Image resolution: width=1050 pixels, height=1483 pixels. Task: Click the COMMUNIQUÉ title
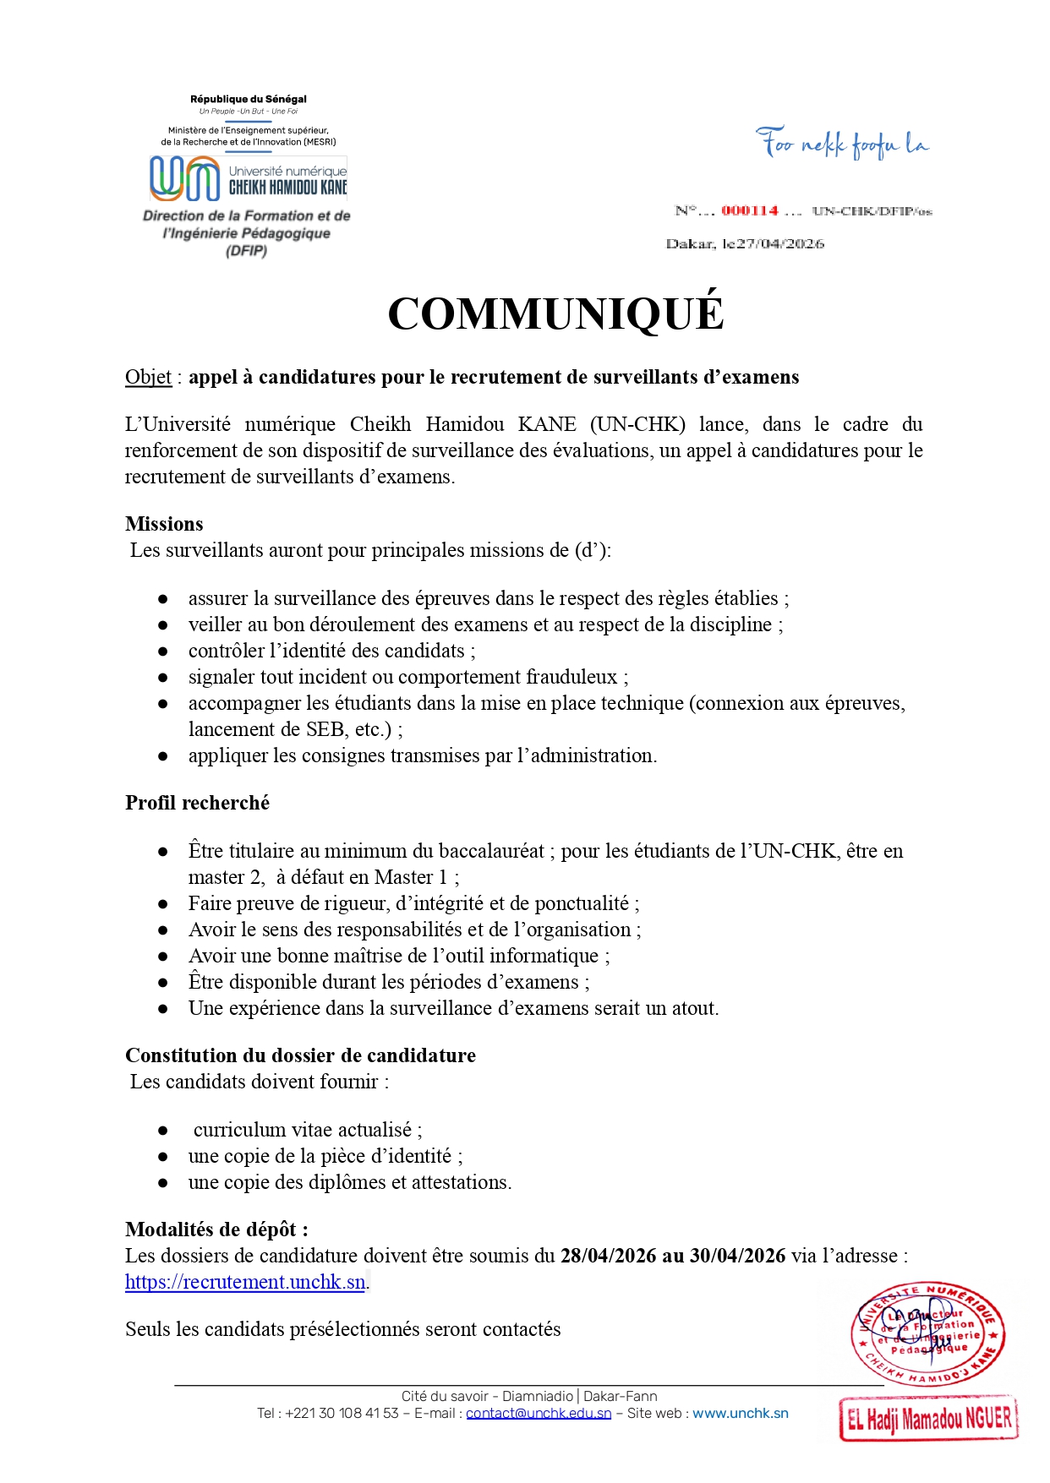click(555, 314)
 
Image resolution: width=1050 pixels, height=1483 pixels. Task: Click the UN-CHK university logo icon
click(184, 179)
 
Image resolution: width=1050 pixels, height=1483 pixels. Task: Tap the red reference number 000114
click(749, 210)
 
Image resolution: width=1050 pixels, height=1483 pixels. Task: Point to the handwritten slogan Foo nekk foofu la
click(842, 144)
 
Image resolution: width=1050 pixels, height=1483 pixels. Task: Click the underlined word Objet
click(148, 377)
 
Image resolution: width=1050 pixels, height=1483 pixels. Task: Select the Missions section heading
click(164, 524)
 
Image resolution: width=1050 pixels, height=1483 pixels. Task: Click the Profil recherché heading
click(197, 803)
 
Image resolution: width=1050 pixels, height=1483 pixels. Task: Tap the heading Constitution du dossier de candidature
click(300, 1055)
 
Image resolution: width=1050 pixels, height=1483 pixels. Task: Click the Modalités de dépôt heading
click(216, 1229)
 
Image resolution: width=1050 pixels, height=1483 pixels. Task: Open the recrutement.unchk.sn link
click(245, 1282)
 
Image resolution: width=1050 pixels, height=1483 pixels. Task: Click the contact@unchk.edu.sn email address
click(539, 1413)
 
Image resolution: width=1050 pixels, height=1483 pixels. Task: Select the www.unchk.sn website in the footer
click(741, 1413)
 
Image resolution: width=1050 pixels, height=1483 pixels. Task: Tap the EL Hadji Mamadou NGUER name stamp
click(928, 1418)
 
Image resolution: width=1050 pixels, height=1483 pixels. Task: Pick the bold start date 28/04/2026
click(608, 1256)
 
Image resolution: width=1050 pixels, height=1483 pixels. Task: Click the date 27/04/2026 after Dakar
click(779, 243)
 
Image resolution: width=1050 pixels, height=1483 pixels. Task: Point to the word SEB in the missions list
click(325, 729)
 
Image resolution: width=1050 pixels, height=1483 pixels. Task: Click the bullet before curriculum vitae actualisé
click(163, 1131)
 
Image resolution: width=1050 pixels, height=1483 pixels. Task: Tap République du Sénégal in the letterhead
click(249, 99)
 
